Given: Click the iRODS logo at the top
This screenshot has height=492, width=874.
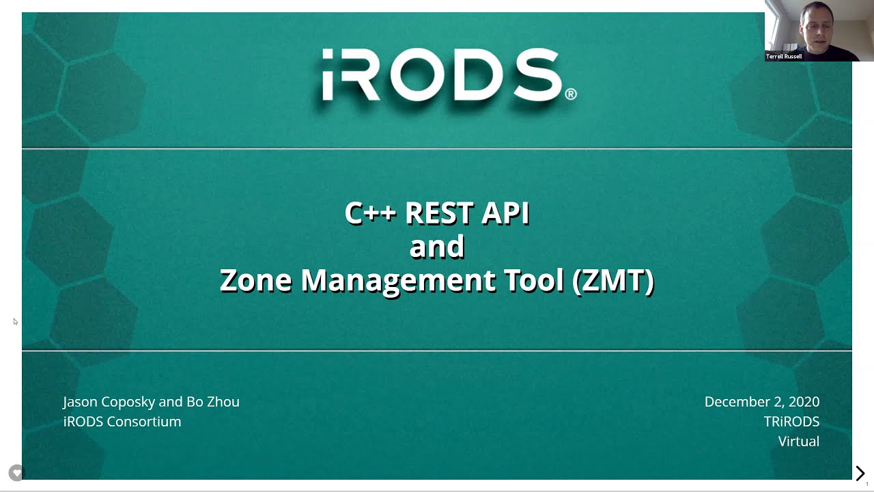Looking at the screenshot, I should [440, 75].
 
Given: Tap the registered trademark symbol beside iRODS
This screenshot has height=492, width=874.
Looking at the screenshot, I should [570, 94].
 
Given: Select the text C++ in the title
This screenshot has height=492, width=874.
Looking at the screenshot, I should [370, 213].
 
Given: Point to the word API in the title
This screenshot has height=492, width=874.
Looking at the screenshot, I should [505, 213].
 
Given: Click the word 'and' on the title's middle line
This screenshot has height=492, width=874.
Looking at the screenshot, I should [437, 247].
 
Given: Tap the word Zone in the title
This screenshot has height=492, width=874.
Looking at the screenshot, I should [255, 280].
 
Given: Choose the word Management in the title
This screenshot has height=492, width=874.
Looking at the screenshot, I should [398, 280].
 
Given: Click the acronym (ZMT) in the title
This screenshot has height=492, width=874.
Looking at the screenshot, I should [613, 280].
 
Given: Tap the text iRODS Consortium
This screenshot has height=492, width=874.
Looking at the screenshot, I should [122, 422].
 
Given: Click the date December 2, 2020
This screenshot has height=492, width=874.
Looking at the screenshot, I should [761, 402].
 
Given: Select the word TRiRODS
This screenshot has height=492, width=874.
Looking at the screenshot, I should [791, 422].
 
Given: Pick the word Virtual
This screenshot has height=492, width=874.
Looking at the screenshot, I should [798, 441].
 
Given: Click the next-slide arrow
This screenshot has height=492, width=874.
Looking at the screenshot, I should [860, 473].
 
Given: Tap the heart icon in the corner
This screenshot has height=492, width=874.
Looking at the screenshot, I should [16, 472].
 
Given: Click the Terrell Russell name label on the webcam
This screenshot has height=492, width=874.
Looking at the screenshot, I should [784, 57].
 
